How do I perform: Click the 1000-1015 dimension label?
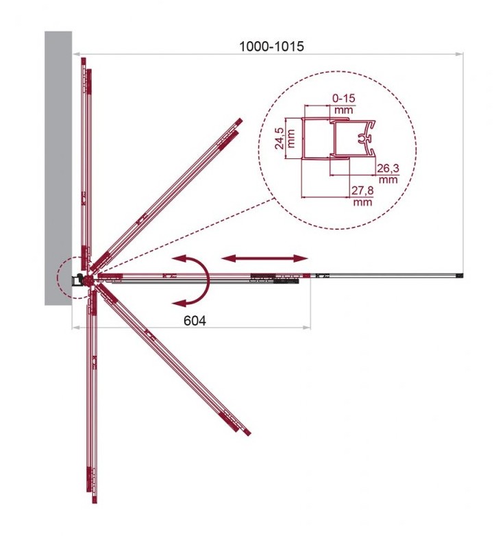[271, 46]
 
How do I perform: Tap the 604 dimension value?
[195, 321]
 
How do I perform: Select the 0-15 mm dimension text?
[344, 104]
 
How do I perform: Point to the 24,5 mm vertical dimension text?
[285, 138]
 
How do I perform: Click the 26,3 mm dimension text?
[388, 174]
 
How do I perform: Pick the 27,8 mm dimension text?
[362, 196]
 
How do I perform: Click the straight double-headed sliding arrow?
[264, 258]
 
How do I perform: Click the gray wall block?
[58, 168]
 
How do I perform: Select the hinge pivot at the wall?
[89, 280]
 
